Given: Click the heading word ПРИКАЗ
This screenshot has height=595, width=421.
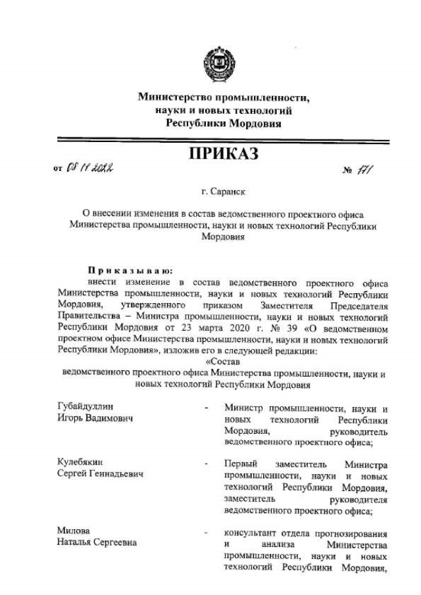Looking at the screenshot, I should click(223, 155).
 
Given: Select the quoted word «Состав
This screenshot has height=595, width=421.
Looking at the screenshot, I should click(223, 361).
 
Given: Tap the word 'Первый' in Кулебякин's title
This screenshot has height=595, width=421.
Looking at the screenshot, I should click(240, 464).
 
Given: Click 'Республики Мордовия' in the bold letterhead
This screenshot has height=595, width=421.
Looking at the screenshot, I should click(223, 122).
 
